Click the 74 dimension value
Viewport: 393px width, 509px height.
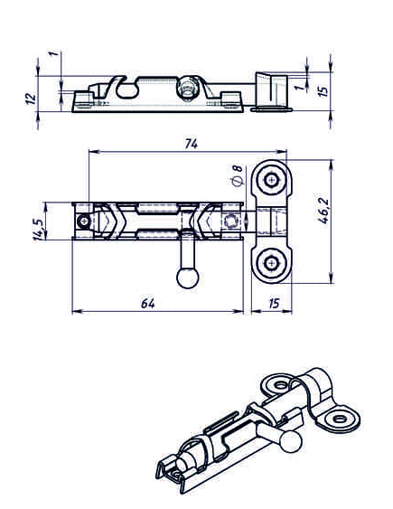(x=192, y=144)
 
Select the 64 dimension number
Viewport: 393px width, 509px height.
(x=148, y=304)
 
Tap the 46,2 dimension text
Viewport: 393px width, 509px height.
(x=323, y=211)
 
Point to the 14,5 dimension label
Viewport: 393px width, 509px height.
(x=38, y=229)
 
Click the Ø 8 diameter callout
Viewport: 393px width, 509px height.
(x=238, y=175)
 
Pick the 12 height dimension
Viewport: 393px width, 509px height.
(x=31, y=99)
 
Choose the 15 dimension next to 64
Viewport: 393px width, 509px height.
(x=275, y=304)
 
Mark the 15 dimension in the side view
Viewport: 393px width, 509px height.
(x=323, y=90)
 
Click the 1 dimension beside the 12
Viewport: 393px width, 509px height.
(x=54, y=52)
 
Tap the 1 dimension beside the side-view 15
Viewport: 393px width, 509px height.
(x=300, y=87)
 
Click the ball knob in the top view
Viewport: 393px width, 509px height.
(x=188, y=278)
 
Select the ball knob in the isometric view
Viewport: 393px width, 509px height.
(x=291, y=441)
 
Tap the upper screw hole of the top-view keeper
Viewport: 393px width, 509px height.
(x=271, y=180)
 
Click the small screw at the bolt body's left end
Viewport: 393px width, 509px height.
(x=84, y=222)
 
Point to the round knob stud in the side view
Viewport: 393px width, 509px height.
(x=187, y=88)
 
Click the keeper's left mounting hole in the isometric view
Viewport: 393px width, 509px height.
(x=280, y=386)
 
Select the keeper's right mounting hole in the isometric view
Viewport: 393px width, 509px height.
(x=340, y=419)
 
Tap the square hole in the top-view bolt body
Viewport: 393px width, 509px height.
(x=232, y=222)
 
